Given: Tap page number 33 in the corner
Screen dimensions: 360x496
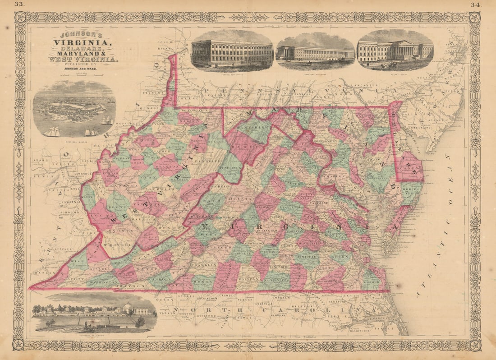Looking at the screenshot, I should pyautogui.click(x=19, y=4).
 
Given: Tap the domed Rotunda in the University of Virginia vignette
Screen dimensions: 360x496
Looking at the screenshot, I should pyautogui.click(x=128, y=308).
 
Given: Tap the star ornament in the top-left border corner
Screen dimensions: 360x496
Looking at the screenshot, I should pyautogui.click(x=20, y=17).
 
